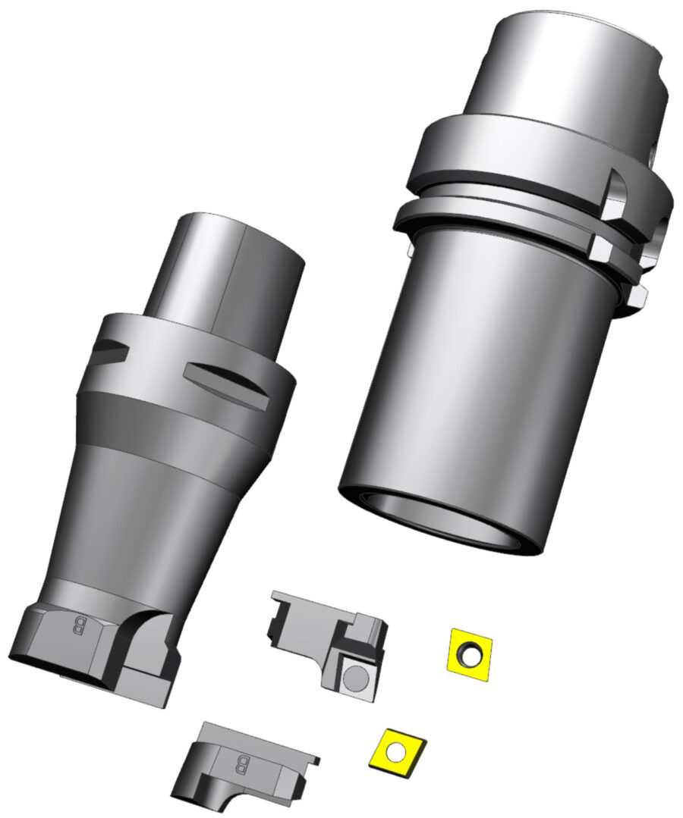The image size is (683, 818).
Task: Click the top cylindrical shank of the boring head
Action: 224,273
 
